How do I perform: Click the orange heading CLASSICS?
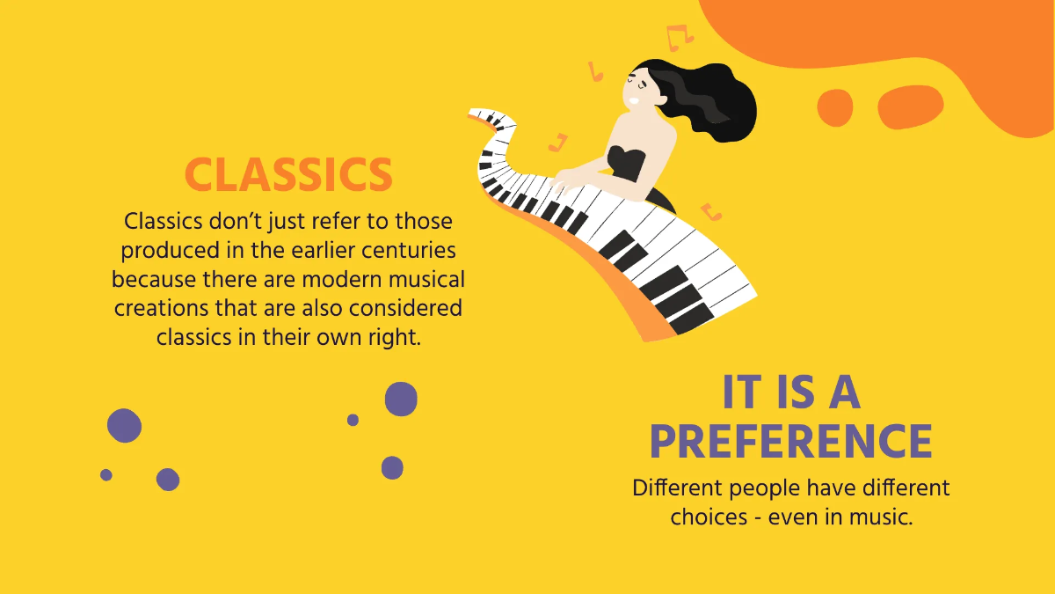288,174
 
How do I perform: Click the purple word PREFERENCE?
790,442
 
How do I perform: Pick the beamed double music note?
679,36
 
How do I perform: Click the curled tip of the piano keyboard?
479,114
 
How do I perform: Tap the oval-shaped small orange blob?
910,106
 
